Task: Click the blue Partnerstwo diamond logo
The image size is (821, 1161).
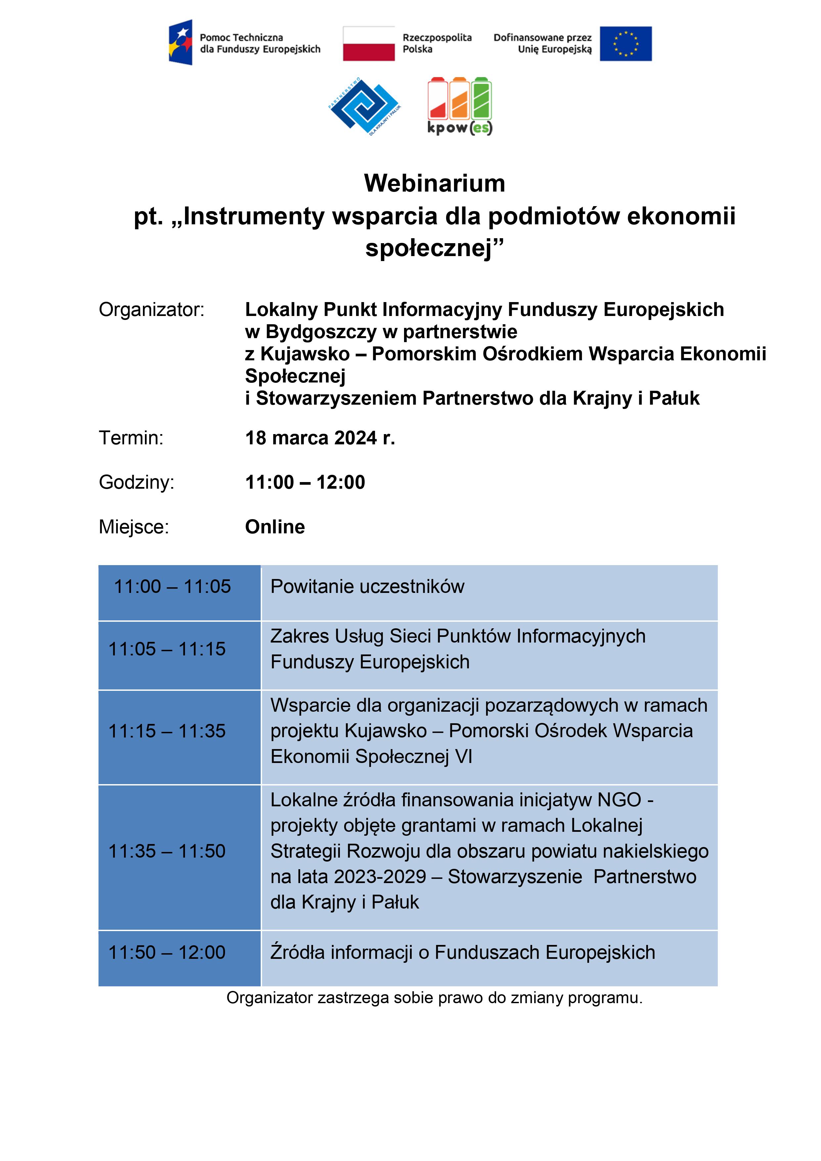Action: [x=364, y=106]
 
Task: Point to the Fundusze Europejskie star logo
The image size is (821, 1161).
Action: [x=181, y=42]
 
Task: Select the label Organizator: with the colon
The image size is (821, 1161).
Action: [x=151, y=309]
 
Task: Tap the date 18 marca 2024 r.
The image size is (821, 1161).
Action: [x=320, y=438]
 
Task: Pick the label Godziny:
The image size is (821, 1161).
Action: [x=136, y=482]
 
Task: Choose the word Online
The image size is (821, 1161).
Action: [x=275, y=527]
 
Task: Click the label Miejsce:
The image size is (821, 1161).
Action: [x=134, y=527]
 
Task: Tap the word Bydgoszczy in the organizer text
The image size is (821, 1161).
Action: [x=321, y=332]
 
